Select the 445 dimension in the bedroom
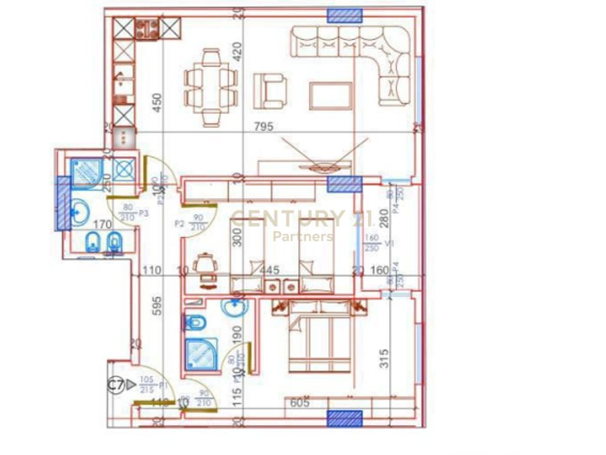click(269, 270)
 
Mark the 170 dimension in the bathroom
click(103, 225)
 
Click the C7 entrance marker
click(117, 386)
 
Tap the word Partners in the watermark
click(302, 236)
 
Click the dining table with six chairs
click(211, 88)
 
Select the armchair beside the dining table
click(270, 91)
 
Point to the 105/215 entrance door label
click(147, 385)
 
